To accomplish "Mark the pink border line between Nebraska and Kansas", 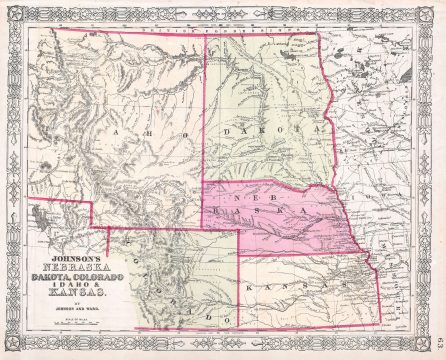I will (x=300, y=254).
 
